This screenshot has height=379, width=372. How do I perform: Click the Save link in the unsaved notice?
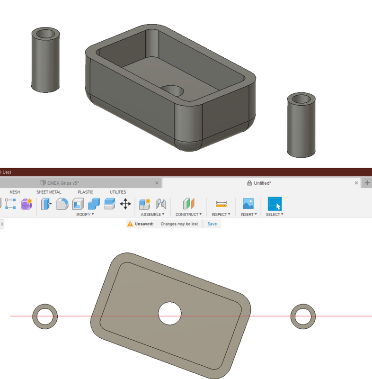coord(212,224)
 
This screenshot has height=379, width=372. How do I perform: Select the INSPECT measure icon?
coord(221,204)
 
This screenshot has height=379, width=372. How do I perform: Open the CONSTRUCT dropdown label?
coord(188,215)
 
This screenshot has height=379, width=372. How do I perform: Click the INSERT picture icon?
coord(248,204)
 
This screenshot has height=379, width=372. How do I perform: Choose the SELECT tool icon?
coord(275,204)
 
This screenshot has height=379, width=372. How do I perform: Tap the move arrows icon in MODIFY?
coord(125,204)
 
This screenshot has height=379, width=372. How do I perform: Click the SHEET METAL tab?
coord(49,192)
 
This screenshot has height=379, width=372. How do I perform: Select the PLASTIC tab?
coord(85,192)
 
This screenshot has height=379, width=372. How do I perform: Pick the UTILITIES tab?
coord(118,192)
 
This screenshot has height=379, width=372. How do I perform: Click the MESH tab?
coord(15,192)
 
